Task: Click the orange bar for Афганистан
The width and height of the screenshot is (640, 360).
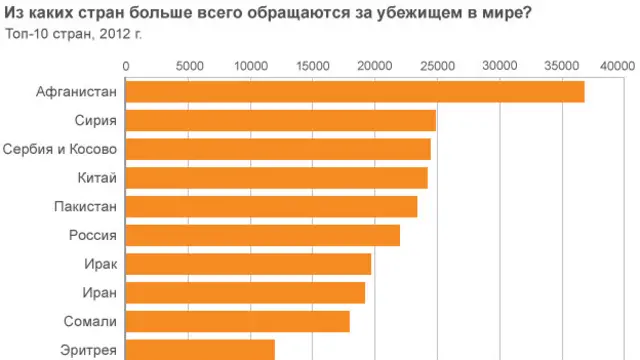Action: pyautogui.click(x=355, y=92)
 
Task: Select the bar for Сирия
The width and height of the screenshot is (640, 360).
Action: pyautogui.click(x=281, y=121)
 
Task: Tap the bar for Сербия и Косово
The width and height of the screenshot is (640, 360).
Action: pyautogui.click(x=278, y=150)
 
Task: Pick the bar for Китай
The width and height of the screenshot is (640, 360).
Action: pyautogui.click(x=277, y=178)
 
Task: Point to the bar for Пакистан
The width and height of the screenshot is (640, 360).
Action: pyautogui.click(x=272, y=207)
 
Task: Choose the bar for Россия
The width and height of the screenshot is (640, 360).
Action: pyautogui.click(x=263, y=236)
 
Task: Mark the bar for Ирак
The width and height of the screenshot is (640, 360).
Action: pyautogui.click(x=249, y=264)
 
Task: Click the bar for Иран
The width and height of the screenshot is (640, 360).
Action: pyautogui.click(x=246, y=293)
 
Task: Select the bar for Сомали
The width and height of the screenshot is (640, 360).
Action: pyautogui.click(x=238, y=322)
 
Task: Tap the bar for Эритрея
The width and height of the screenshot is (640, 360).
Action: pyautogui.click(x=201, y=350)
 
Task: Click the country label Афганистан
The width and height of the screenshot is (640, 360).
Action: pyautogui.click(x=76, y=92)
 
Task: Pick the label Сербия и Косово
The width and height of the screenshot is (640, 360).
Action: pyautogui.click(x=60, y=150)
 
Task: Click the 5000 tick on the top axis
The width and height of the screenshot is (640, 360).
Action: pyautogui.click(x=189, y=66)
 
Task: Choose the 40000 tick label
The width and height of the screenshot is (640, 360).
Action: pyautogui.click(x=618, y=66)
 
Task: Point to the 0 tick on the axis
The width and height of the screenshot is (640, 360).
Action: pyautogui.click(x=127, y=66)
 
